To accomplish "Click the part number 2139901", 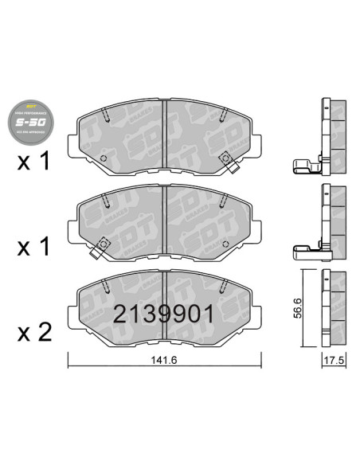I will [162, 313].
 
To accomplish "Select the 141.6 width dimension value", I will [162, 360].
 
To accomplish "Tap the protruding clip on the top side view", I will [307, 166].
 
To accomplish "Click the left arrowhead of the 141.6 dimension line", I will [70, 366].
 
